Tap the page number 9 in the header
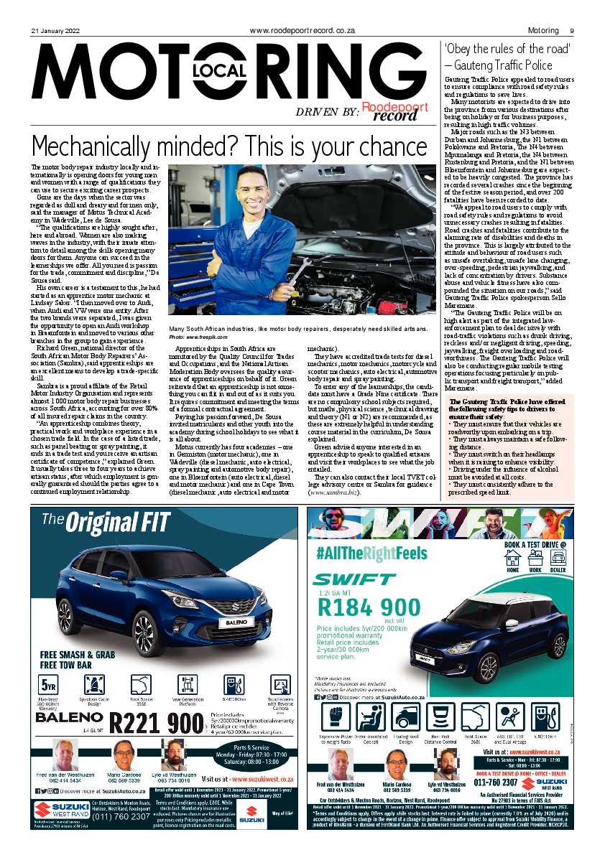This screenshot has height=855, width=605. click(x=571, y=31)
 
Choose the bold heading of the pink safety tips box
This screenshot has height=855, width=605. click(x=509, y=408)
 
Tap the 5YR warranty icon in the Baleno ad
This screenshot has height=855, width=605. click(x=50, y=685)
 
